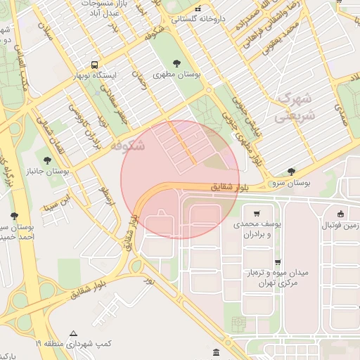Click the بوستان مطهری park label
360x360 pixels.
point(177,73)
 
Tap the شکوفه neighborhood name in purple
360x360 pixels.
point(127,146)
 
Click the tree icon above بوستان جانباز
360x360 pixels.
point(48,160)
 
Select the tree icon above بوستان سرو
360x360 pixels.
point(292,172)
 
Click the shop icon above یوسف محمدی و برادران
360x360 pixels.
point(257,214)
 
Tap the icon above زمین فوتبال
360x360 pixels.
point(341,214)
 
